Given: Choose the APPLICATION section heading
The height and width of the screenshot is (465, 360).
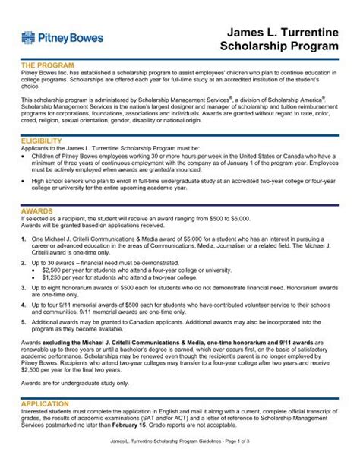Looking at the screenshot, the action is pyautogui.click(x=48, y=403).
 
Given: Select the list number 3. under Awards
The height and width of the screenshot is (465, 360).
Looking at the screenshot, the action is pyautogui.click(x=24, y=289).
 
